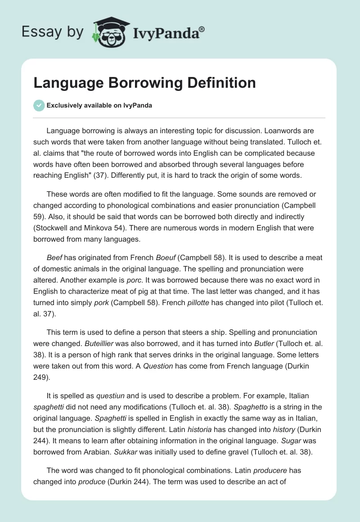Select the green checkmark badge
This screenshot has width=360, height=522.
39,105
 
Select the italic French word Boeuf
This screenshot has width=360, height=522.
165,258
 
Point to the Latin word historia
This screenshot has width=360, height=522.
201,428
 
